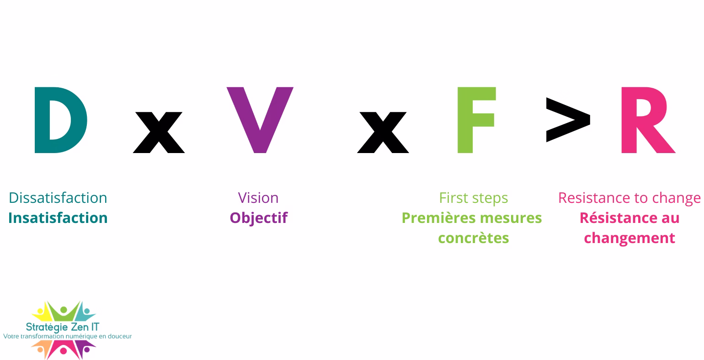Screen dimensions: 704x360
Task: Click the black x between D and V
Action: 159,132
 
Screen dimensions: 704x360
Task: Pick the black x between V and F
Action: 383,132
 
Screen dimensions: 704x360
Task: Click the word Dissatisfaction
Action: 58,198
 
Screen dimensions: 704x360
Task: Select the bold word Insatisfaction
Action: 58,218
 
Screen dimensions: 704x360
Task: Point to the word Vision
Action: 258,198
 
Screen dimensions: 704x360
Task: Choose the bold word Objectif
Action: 259,218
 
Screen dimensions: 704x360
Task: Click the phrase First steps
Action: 474,198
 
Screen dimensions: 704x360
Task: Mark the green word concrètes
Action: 474,238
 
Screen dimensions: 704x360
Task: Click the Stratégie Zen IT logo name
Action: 63,327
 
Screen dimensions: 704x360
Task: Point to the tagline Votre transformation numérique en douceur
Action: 67,336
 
